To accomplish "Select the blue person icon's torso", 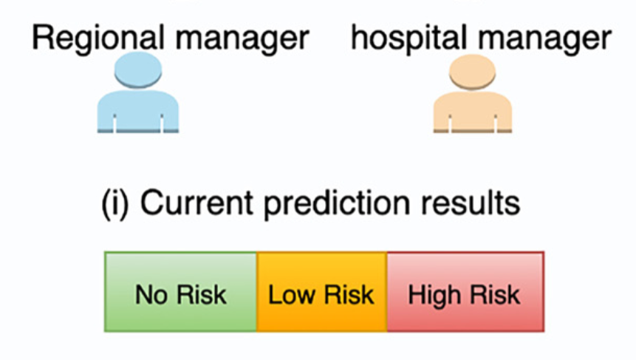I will pos(138,112).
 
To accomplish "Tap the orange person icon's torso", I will pos(473,112).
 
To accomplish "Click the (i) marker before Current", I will pos(114,202).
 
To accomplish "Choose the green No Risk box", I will pos(181,291).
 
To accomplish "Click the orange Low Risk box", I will pos(321,291).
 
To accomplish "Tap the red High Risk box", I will pos(465,291).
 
